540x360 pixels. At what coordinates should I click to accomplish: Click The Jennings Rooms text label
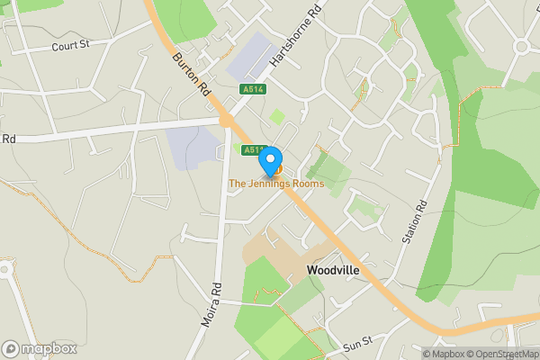pyautogui.click(x=275, y=184)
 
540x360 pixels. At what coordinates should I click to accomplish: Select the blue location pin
pyautogui.click(x=269, y=161)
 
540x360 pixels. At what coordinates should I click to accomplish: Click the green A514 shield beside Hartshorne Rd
pyautogui.click(x=253, y=89)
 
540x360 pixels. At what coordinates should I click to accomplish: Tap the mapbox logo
pyautogui.click(x=39, y=348)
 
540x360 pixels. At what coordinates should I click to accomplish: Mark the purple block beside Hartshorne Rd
pyautogui.click(x=253, y=56)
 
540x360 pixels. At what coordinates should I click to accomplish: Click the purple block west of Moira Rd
pyautogui.click(x=193, y=148)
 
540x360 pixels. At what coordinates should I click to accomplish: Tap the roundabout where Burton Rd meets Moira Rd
pyautogui.click(x=227, y=120)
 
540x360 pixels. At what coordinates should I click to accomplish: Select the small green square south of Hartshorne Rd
pyautogui.click(x=277, y=117)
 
